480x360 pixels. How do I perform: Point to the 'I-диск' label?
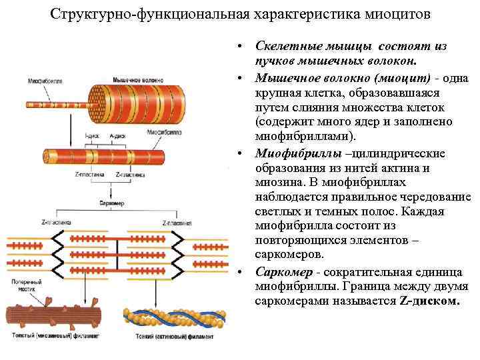tap(93, 135)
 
